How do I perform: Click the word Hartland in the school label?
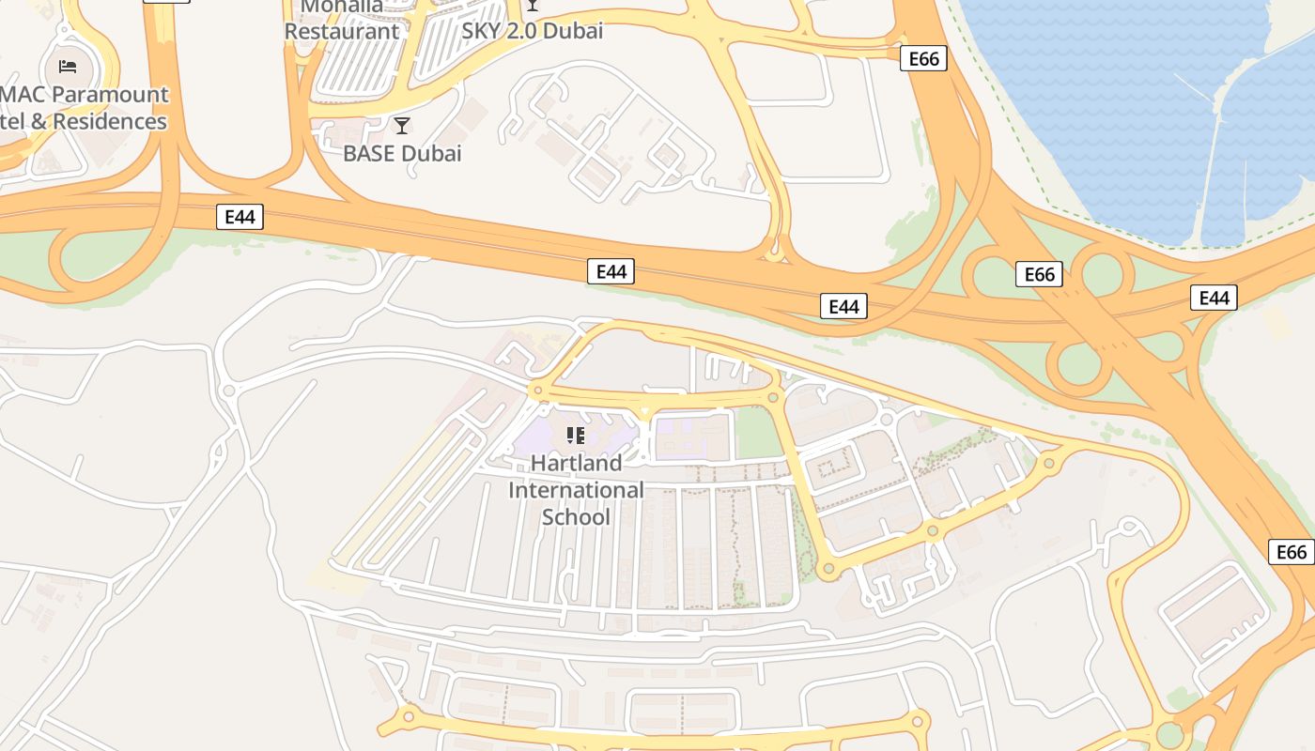click(577, 463)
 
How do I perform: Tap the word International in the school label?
click(577, 490)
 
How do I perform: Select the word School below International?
click(577, 517)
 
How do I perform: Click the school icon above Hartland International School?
click(576, 435)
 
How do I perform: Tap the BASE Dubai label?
click(402, 153)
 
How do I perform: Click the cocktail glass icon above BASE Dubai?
click(402, 126)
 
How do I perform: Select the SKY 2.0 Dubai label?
click(532, 30)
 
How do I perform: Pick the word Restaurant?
click(342, 31)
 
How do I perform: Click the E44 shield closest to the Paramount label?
click(240, 217)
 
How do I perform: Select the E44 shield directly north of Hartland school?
click(611, 271)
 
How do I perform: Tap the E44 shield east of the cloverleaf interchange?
click(1214, 298)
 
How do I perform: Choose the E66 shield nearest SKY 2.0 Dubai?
click(923, 59)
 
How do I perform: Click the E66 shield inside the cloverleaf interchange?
click(1039, 274)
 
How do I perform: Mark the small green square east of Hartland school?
click(757, 433)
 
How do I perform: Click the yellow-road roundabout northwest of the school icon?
click(538, 390)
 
